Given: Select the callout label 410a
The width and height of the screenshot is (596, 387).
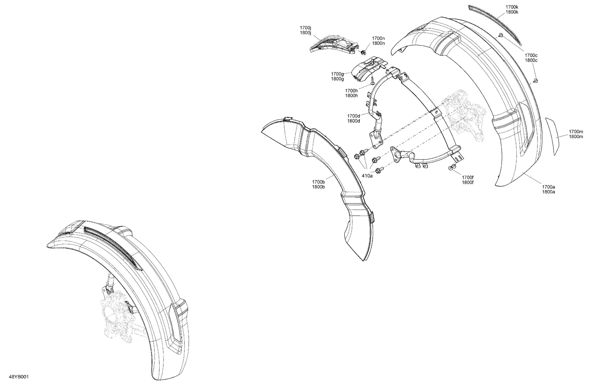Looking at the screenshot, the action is pos(367,176).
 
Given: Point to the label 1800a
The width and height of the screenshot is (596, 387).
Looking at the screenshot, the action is pos(548,192).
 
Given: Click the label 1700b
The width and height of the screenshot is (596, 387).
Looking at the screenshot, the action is pos(318,182).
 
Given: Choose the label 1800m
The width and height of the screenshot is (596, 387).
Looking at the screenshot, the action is pos(576,137).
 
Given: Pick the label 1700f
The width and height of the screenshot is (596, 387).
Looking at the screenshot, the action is pos(468,178).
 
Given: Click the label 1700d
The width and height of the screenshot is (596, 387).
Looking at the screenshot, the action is pos(354,116).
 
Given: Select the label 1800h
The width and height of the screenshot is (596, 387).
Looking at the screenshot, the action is pos(351,96).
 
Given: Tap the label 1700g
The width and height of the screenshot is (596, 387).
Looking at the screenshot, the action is pos(337,74).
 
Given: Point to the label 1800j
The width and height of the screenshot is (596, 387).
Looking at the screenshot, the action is pos(306,33).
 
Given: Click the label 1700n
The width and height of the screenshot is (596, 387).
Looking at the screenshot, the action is pos(378,38).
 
